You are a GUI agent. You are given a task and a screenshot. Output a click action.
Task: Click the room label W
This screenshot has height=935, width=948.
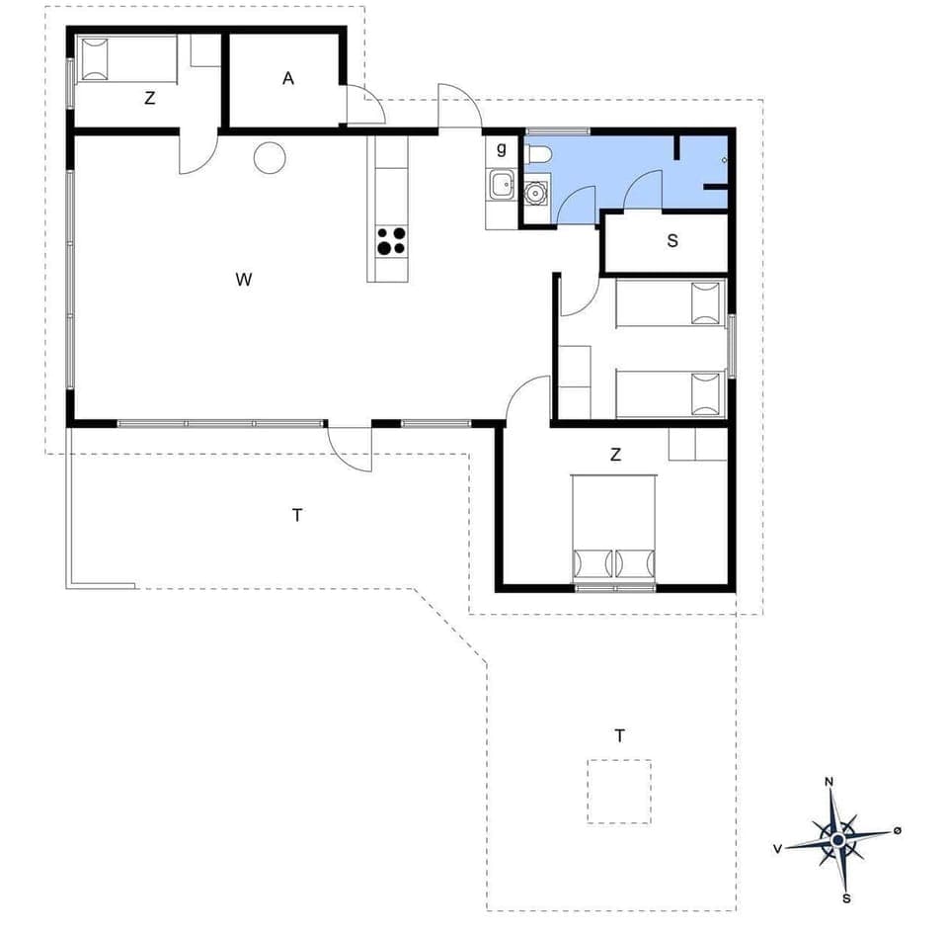pyautogui.click(x=244, y=280)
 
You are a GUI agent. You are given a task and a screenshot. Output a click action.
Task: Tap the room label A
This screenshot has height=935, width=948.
pyautogui.click(x=288, y=79)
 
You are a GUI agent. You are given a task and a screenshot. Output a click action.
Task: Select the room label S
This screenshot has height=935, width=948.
pyautogui.click(x=672, y=240)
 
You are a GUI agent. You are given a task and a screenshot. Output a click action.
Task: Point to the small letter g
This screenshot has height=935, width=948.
pyautogui.click(x=502, y=149)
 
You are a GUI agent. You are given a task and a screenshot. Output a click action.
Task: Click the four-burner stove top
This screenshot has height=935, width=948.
pyautogui.click(x=391, y=241)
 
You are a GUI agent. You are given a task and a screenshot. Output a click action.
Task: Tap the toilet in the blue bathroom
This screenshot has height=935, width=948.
pyautogui.click(x=539, y=155)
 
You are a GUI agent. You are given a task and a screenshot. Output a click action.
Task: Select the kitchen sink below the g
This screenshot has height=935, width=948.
pyautogui.click(x=501, y=183)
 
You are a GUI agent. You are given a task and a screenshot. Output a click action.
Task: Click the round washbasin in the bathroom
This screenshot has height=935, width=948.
pyautogui.click(x=536, y=192)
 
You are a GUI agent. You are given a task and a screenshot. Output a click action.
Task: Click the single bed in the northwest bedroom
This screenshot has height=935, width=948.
pyautogui.click(x=125, y=60)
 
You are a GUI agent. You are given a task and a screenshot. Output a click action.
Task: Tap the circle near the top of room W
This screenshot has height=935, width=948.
pyautogui.click(x=270, y=157)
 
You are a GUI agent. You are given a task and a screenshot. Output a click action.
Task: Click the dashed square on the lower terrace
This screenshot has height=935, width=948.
pyautogui.click(x=619, y=791)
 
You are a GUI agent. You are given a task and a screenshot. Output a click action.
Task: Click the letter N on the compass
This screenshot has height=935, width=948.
pyautogui.click(x=829, y=783)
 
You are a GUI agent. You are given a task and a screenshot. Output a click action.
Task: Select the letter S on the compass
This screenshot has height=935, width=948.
pyautogui.click(x=846, y=898)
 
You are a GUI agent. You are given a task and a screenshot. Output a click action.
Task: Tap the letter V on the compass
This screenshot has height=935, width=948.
pyautogui.click(x=778, y=848)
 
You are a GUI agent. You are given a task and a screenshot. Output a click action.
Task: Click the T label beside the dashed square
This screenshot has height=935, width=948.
pyautogui.click(x=619, y=735)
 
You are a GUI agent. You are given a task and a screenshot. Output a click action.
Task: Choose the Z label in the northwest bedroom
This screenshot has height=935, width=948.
pyautogui.click(x=149, y=98)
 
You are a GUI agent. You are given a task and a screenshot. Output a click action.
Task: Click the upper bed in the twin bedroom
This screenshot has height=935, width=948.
pyautogui.click(x=671, y=303)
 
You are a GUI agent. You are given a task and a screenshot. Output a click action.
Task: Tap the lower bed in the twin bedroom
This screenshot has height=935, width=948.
pyautogui.click(x=671, y=394)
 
